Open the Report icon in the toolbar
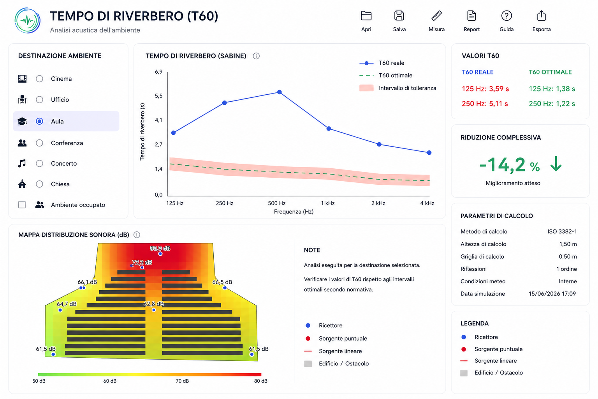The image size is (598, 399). tap(471, 16)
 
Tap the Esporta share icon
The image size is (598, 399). tap(542, 16)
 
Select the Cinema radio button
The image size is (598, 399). tap(39, 79)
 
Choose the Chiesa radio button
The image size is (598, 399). tap(39, 184)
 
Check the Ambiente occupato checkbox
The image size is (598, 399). tap(22, 205)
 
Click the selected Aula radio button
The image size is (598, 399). tap(39, 121)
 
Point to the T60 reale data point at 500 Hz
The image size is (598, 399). tap(279, 92)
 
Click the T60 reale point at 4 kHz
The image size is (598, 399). tap(429, 153)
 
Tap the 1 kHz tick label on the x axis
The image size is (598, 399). tap(327, 203)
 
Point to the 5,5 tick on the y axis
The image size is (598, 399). tap(158, 96)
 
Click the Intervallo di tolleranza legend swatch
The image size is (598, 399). tap(366, 88)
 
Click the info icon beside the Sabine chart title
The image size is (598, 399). tap(256, 56)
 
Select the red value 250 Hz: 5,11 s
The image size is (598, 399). tap(485, 104)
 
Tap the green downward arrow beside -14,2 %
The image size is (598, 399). tap(556, 164)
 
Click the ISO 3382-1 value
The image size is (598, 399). tap(562, 231)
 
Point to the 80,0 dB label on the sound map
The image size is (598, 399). tap(160, 248)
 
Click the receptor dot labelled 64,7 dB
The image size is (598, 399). tap(60, 310)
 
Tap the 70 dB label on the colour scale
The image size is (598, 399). tap(182, 381)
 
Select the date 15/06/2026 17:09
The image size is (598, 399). tap(552, 294)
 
